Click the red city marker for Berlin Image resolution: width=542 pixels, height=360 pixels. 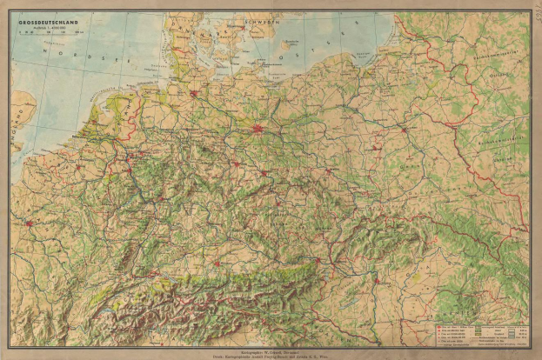click(257, 130)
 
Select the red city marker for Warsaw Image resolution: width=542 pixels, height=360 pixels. click(404, 130)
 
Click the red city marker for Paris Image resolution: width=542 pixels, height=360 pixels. click(28, 223)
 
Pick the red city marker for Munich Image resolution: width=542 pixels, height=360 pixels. click(215, 262)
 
